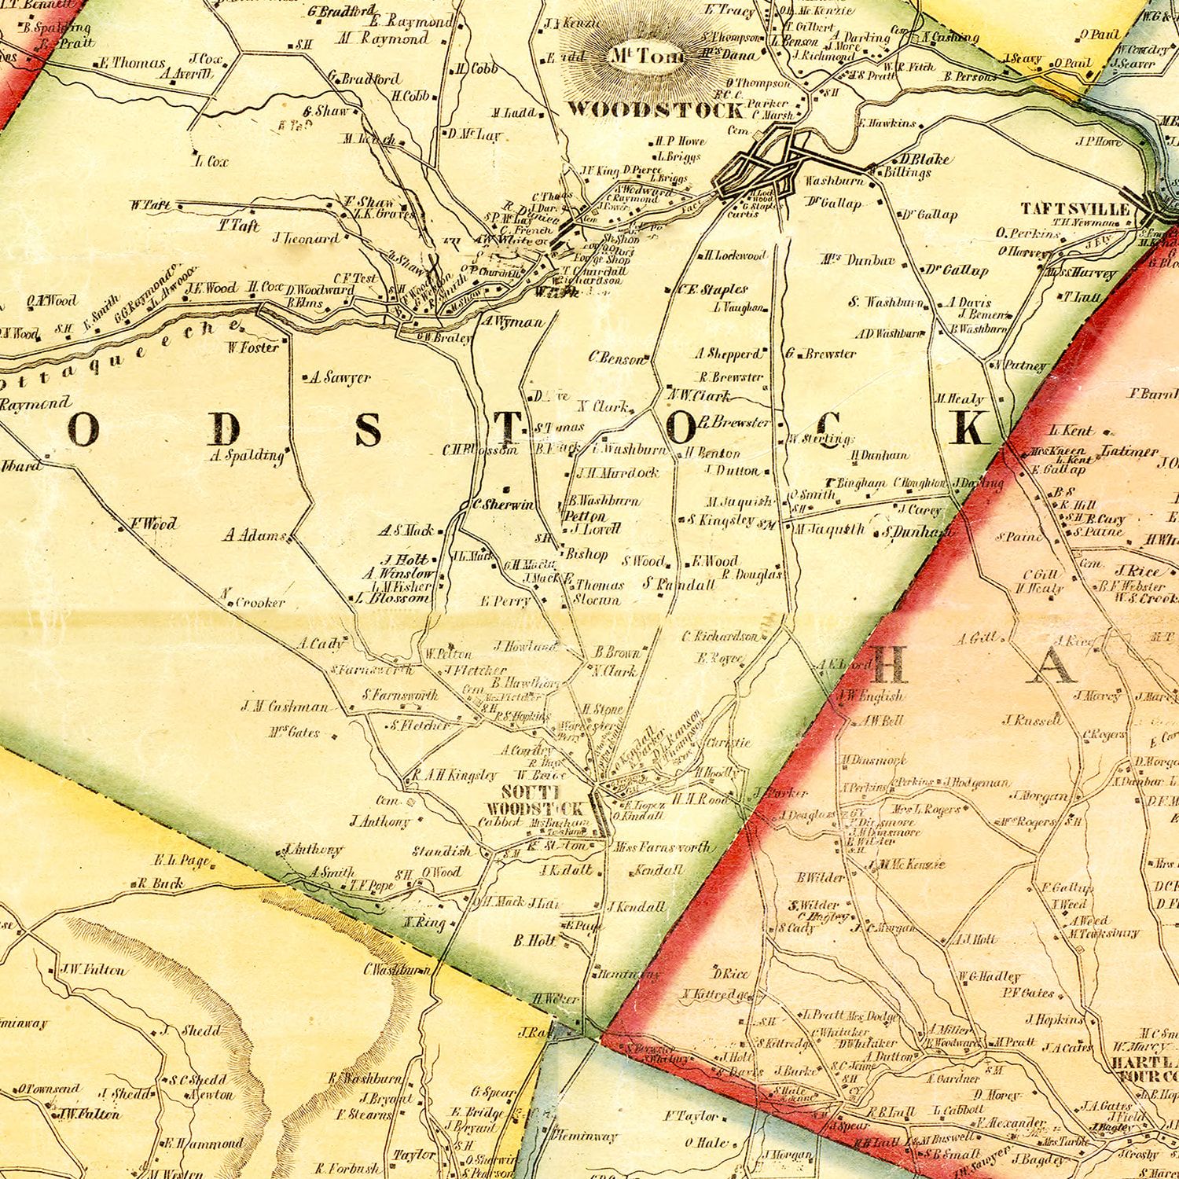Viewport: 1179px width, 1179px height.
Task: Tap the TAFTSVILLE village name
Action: pyautogui.click(x=1075, y=208)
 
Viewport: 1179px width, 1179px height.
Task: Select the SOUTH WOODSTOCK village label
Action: pyautogui.click(x=534, y=800)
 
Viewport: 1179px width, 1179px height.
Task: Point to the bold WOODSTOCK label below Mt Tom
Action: pyautogui.click(x=655, y=109)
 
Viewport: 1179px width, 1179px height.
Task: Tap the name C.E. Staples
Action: pyautogui.click(x=713, y=289)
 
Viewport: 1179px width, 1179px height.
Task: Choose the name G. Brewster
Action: pyautogui.click(x=821, y=354)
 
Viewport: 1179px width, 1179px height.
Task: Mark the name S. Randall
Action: pyautogui.click(x=679, y=584)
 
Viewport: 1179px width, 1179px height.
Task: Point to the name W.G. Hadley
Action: pyautogui.click(x=989, y=977)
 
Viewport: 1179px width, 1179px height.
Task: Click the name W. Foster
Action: pyautogui.click(x=254, y=347)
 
